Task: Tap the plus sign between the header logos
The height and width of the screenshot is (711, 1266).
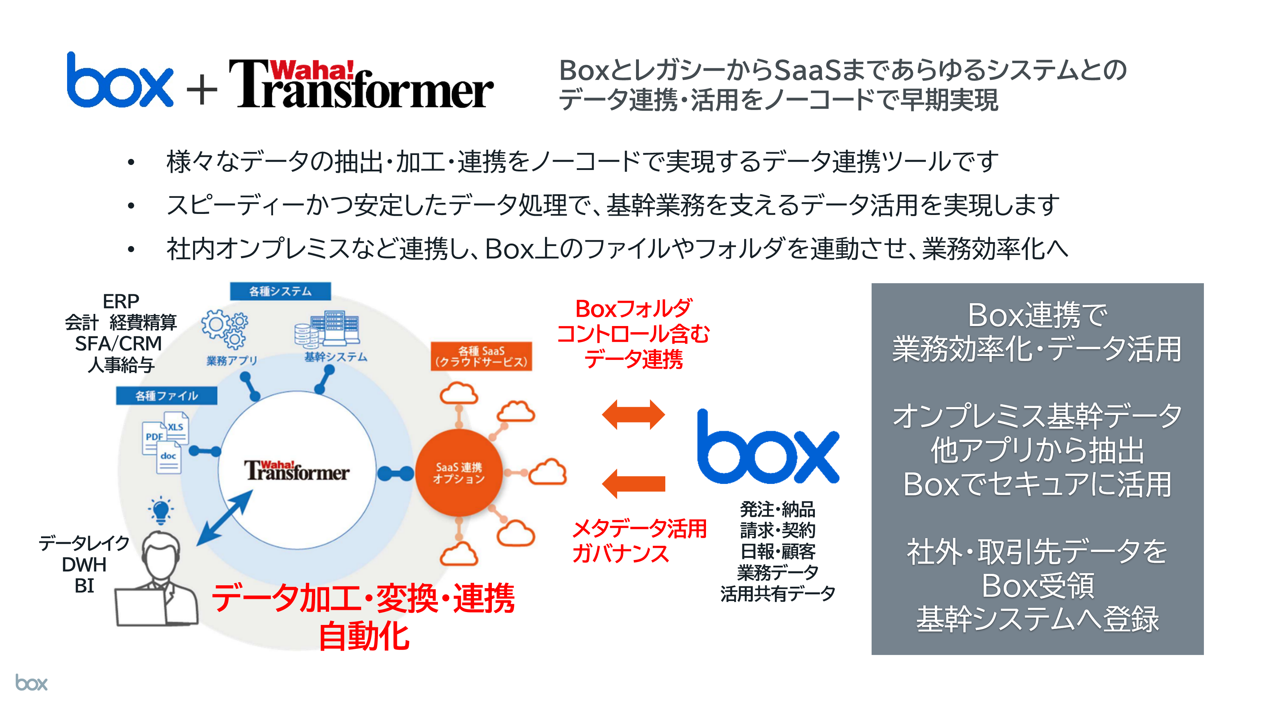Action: [202, 90]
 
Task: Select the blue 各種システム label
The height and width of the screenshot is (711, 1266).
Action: [280, 291]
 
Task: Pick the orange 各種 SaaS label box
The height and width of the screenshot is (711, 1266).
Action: [481, 356]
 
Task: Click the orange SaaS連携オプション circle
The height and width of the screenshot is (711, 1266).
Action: [459, 472]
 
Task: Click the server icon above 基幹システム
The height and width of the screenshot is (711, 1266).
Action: [327, 329]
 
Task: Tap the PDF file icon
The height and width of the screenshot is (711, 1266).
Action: [153, 437]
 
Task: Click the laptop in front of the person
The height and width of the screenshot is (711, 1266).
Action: [141, 607]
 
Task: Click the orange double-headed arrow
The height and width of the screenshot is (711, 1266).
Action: [633, 415]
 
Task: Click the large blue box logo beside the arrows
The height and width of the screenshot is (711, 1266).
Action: [768, 447]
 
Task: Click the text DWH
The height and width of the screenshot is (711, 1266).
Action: [84, 565]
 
